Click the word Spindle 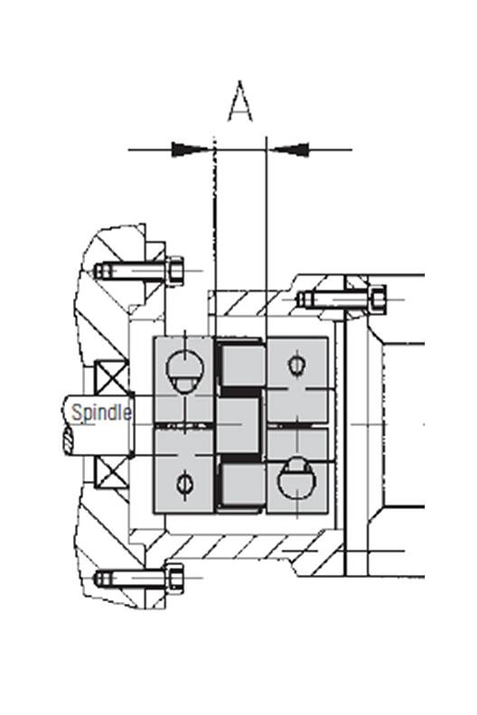(x=101, y=413)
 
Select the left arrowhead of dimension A (x=192, y=147)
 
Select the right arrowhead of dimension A (x=288, y=147)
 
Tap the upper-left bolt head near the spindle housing (x=175, y=270)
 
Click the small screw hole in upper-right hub (x=296, y=365)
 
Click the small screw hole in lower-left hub (x=186, y=483)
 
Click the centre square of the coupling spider (x=240, y=424)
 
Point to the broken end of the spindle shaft (x=69, y=440)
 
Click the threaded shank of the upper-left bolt (x=131, y=270)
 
